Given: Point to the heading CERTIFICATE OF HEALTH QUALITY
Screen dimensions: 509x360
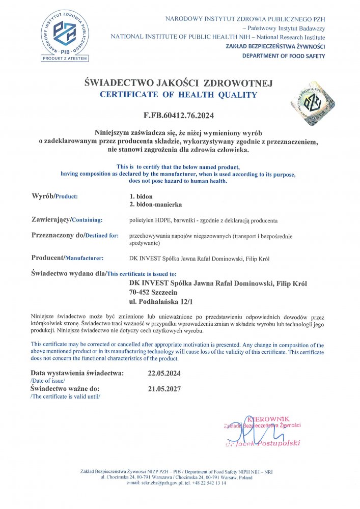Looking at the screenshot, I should [x=179, y=95].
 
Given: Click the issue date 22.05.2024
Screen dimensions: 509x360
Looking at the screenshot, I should [x=163, y=373].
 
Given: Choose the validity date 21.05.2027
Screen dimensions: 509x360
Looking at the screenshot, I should [x=163, y=389].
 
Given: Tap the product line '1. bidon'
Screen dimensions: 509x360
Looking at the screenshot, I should [x=141, y=196].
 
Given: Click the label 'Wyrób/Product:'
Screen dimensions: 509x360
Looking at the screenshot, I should [x=54, y=196].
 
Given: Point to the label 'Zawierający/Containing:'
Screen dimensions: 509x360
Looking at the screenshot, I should [x=67, y=219].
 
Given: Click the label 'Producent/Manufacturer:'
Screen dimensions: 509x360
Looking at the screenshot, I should [x=67, y=258].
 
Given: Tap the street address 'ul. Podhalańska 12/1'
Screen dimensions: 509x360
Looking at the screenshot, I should [x=163, y=302].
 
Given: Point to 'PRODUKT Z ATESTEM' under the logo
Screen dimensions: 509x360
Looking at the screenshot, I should [x=65, y=58].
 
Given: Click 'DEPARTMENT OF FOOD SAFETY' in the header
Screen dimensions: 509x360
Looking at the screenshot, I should [x=283, y=56].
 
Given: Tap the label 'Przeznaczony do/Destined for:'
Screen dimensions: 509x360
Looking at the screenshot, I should [x=75, y=236].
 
